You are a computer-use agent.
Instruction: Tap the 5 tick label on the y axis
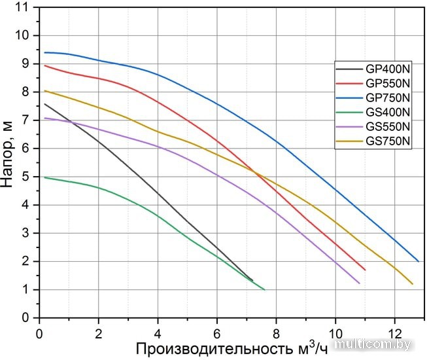tap(27, 177)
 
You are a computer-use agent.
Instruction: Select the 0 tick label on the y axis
tap(27, 318)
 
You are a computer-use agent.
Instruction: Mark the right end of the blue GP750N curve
tap(418, 261)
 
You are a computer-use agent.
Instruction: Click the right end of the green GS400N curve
tap(264, 289)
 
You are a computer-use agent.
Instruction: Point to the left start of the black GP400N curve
tap(45, 103)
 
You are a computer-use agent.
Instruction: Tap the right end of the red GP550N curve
tap(365, 270)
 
